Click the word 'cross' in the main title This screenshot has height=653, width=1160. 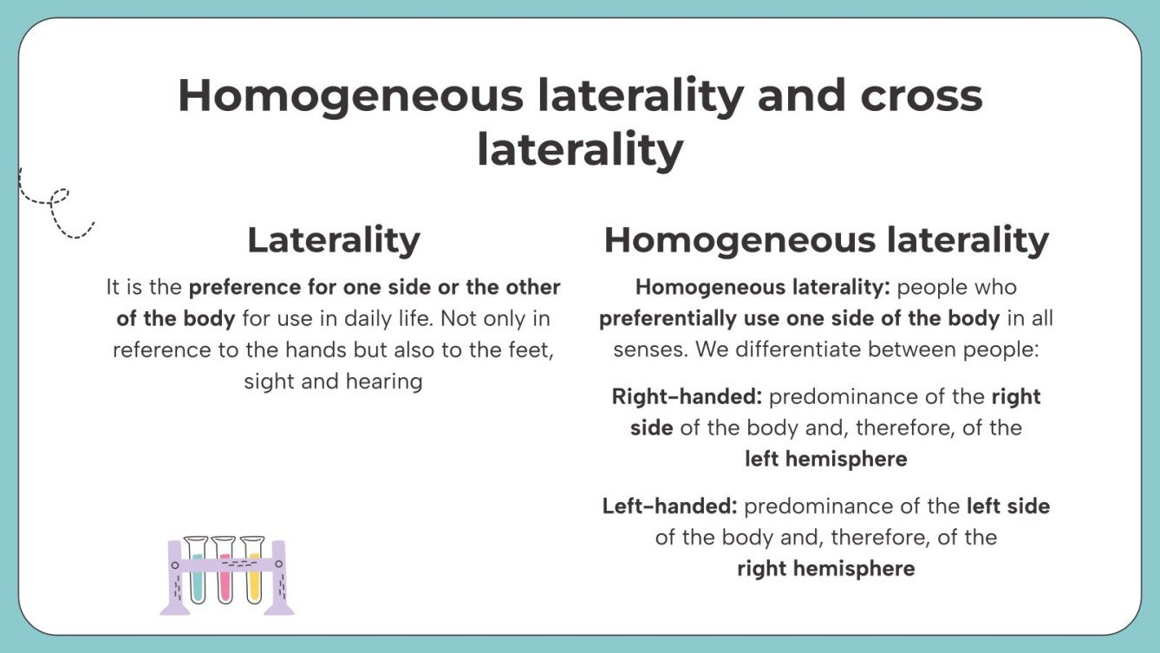coord(922,95)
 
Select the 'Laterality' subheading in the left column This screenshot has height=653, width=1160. coord(334,240)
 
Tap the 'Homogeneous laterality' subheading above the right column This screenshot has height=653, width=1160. coord(826,240)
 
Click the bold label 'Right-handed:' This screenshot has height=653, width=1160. coord(687,397)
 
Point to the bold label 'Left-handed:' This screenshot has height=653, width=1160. coord(669,506)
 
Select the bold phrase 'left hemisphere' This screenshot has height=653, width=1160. coord(825,460)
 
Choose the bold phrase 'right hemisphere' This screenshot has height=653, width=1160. coord(825,569)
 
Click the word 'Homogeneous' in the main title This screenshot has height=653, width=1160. coord(350,95)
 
